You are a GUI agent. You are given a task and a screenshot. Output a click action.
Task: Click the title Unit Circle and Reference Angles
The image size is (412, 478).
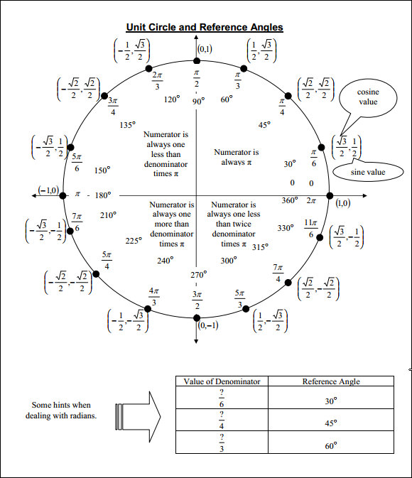pos(205,27)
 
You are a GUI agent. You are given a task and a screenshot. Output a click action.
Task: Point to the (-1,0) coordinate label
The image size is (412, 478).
pos(48,191)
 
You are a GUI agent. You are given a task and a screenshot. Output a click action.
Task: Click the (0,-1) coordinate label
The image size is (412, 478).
pos(207,325)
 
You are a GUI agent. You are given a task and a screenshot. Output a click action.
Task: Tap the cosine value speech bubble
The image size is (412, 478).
pos(368,97)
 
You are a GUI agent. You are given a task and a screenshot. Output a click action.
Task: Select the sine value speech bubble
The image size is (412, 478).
pos(367,173)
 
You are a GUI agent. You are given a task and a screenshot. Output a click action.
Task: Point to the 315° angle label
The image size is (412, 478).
pos(260,247)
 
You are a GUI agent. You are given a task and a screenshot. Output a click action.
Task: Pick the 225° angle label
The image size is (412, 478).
pos(134,241)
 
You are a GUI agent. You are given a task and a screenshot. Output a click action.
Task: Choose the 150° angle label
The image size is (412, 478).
pos(102,170)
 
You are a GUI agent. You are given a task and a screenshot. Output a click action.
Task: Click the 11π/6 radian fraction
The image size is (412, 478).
pos(310,228)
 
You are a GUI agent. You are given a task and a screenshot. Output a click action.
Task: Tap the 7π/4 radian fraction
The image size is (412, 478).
pos(278,273)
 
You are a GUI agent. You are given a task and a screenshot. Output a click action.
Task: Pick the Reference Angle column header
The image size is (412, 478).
pos(330,381)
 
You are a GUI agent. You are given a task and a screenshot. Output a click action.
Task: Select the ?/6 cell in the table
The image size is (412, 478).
pos(222,396)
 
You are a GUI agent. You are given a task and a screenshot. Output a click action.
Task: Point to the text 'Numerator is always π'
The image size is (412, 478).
pos(237,157)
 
